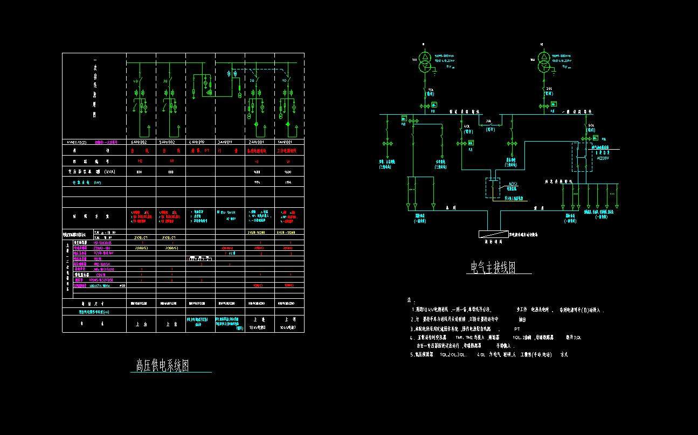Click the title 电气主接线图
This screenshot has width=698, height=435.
pyautogui.click(x=493, y=267)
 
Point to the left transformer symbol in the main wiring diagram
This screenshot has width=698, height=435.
pyautogui.click(x=425, y=60)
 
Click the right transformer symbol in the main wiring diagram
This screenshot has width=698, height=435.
pyautogui.click(x=543, y=60)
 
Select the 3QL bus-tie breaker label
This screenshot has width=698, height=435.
pyautogui.click(x=489, y=121)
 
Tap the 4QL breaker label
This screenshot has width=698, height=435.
pyautogui.click(x=467, y=127)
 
